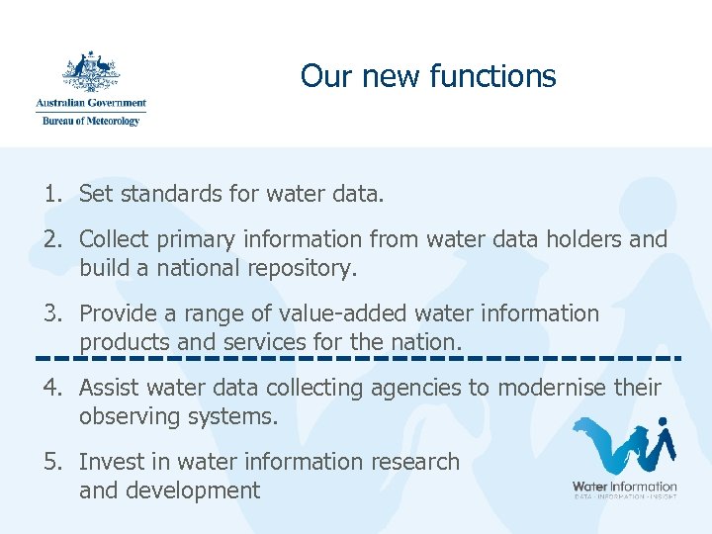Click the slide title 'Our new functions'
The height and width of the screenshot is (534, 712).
[x=428, y=76]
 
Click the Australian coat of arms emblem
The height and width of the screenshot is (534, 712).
[x=91, y=71]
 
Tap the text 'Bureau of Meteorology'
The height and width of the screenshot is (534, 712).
[x=91, y=121]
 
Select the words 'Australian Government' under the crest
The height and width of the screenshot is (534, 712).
[x=91, y=103]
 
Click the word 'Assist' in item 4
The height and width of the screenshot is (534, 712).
[x=109, y=388]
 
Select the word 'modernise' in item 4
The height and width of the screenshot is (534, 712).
[x=547, y=388]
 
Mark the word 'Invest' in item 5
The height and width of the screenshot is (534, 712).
[x=110, y=462]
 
